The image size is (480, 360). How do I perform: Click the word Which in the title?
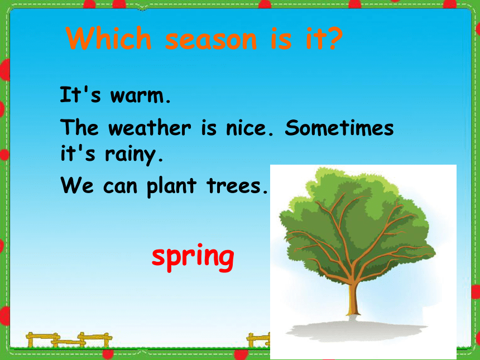click(109, 38)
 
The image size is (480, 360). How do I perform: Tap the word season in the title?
click(211, 40)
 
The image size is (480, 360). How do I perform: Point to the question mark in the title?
click(333, 38)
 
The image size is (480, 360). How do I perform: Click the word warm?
click(140, 96)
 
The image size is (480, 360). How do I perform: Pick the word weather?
click(150, 127)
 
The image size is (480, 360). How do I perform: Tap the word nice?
click(249, 128)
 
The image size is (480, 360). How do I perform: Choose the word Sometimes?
click(339, 127)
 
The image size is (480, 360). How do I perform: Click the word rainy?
click(134, 155)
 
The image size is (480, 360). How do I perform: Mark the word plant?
click(171, 185)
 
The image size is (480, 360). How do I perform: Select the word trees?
click(237, 186)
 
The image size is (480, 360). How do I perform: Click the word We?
click(77, 185)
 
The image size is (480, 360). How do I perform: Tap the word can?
click(120, 186)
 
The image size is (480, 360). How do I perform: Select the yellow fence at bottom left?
click(69, 340)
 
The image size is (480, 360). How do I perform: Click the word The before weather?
click(79, 127)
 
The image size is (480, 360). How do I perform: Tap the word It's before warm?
click(80, 94)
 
